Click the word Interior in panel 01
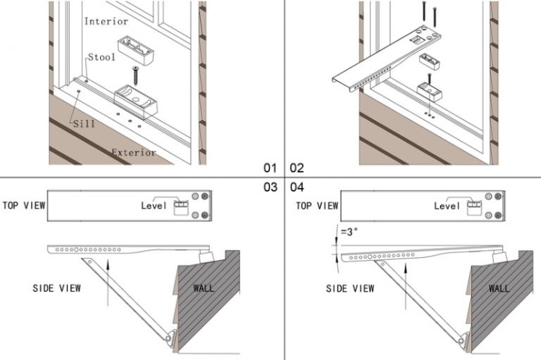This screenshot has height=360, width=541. pyautogui.click(x=106, y=21)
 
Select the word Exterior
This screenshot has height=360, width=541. pyautogui.click(x=134, y=151)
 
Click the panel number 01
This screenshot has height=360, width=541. pyautogui.click(x=270, y=168)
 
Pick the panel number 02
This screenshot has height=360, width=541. pyautogui.click(x=296, y=168)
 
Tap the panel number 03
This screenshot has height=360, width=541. pyautogui.click(x=270, y=187)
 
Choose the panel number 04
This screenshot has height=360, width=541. pyautogui.click(x=296, y=187)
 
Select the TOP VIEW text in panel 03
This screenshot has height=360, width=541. pyautogui.click(x=24, y=205)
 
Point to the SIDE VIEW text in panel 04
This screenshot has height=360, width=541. pyautogui.click(x=350, y=288)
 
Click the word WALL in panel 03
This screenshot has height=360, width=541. pyautogui.click(x=204, y=287)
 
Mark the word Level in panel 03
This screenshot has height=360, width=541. pyautogui.click(x=154, y=206)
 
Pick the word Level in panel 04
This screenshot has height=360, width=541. pyautogui.click(x=447, y=206)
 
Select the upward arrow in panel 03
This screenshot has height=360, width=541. pyautogui.click(x=108, y=282)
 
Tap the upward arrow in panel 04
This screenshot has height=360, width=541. pyautogui.click(x=406, y=282)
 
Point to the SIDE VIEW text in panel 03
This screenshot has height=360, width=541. pyautogui.click(x=57, y=288)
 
